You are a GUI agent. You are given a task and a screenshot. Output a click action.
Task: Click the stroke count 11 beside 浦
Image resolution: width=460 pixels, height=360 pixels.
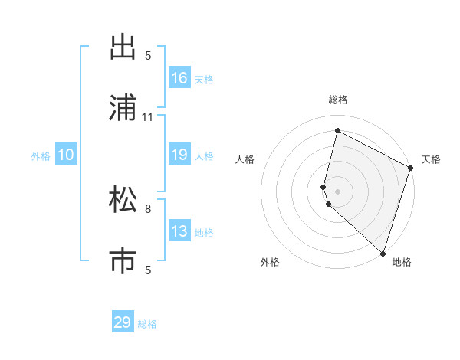148,117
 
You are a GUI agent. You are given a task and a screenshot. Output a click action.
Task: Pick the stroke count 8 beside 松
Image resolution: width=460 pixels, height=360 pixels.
148,208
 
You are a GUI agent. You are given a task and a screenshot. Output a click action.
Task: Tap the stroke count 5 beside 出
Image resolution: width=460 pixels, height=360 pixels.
148,55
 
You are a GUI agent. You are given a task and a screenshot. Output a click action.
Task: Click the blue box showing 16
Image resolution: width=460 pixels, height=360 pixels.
179,78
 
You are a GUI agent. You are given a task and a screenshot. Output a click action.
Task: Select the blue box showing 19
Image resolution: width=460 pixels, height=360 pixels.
179,155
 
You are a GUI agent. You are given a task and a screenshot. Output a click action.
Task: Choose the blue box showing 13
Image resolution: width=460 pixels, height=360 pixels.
179,232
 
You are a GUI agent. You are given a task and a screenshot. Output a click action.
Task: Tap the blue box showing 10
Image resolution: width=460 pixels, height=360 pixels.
66,155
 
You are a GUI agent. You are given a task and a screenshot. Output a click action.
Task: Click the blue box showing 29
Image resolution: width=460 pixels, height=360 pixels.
123,322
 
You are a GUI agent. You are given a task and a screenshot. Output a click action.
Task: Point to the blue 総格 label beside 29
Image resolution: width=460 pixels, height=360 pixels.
148,324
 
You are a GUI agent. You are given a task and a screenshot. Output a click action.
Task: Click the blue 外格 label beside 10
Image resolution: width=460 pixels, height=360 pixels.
41,156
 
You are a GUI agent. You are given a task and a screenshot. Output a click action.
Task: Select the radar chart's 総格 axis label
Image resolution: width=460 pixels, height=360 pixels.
338,100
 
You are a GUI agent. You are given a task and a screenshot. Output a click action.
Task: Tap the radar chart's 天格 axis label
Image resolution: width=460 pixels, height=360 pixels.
431,159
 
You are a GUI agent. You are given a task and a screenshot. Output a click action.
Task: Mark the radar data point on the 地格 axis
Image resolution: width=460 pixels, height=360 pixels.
383,253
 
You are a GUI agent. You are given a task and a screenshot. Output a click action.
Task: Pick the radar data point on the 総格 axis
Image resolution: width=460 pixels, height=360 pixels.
337,131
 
